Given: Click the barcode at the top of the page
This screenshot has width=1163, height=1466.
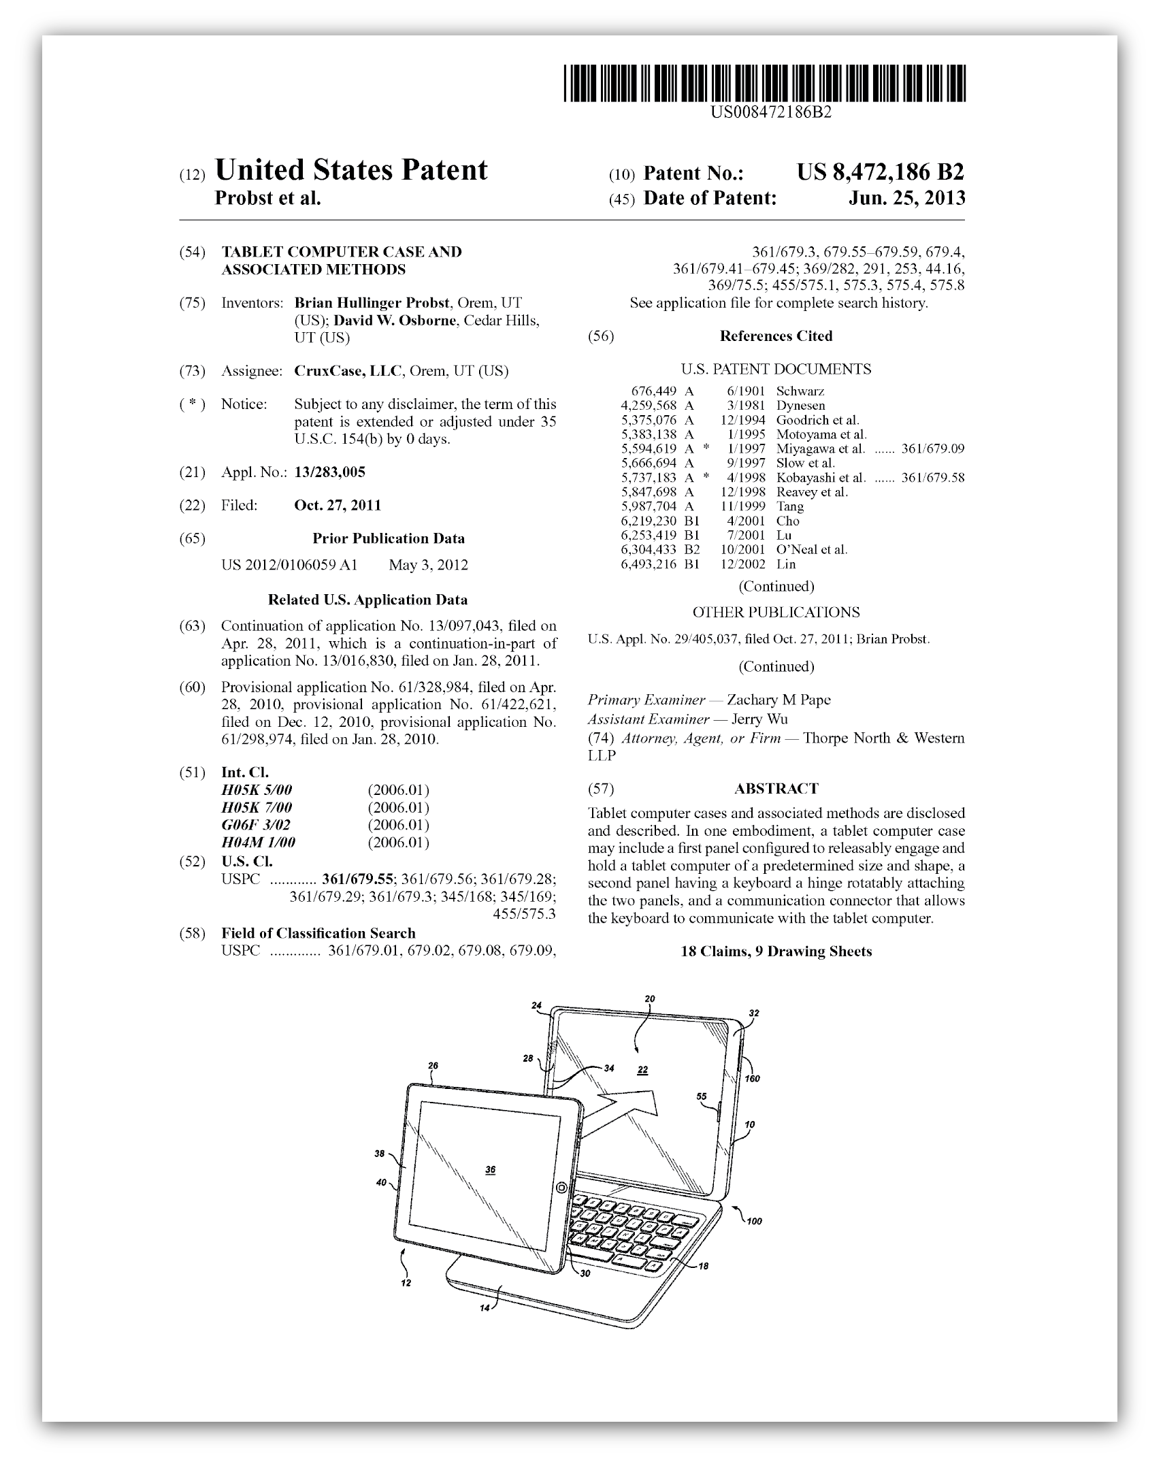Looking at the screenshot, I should coord(764,84).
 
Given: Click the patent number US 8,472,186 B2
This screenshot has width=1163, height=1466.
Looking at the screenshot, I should coord(880,172).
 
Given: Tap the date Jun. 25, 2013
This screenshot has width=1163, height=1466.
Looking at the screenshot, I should coord(906,198).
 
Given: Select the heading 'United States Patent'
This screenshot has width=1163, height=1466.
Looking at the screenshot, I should coord(351,170).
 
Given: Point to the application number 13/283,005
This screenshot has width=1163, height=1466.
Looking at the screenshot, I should coord(329,472).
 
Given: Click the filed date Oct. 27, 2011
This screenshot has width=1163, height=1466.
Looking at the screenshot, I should coord(338,505).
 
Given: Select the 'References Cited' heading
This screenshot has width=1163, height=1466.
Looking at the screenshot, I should coord(776,336).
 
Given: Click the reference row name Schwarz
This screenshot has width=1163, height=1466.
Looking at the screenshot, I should coord(800,391).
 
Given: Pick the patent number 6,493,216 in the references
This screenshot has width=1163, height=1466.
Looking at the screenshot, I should coord(649,564).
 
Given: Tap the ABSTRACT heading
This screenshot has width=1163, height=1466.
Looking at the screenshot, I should coord(776,788).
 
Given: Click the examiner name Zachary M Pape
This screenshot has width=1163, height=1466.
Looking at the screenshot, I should coord(779,700).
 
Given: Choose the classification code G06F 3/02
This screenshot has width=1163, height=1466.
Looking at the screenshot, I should coord(256,825).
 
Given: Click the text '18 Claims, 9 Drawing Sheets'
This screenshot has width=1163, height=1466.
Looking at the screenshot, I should coord(776,951).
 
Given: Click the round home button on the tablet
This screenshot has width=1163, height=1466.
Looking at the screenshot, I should coord(561,1188).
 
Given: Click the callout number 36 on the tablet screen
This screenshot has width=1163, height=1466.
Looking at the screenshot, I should coord(491,1169).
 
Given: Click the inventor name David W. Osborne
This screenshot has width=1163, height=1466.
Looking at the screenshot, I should coord(395,321).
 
